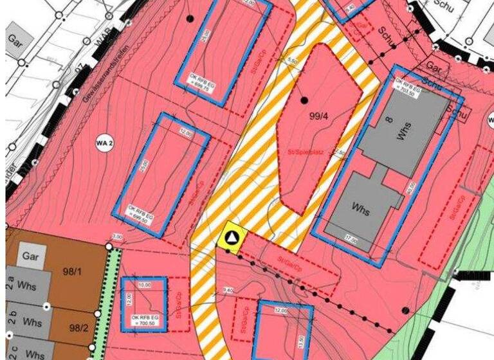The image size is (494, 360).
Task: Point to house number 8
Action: [x=389, y=120]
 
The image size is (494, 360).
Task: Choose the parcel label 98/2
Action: [x=76, y=327]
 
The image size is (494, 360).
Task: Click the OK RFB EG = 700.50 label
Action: [x=144, y=321]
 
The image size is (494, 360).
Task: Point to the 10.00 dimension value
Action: [x=143, y=283]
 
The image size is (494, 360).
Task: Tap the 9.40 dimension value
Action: [x=228, y=291]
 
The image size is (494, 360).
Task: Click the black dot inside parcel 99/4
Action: [x=304, y=100]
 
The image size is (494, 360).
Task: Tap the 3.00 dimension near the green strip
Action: [x=117, y=237]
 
